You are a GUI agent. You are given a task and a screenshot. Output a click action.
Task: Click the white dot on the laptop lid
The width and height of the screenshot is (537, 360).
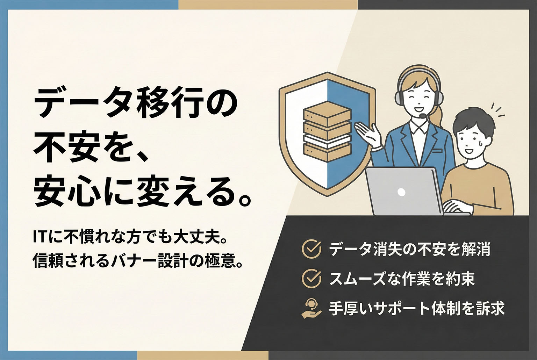pyautogui.click(x=401, y=192)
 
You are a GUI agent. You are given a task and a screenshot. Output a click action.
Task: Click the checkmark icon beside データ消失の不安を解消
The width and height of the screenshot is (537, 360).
pyautogui.click(x=311, y=249)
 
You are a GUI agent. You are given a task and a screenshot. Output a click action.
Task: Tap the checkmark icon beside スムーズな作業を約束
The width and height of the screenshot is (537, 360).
pyautogui.click(x=311, y=278)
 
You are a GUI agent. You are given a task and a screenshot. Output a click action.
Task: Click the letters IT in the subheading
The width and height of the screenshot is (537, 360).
pyautogui.click(x=41, y=237)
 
